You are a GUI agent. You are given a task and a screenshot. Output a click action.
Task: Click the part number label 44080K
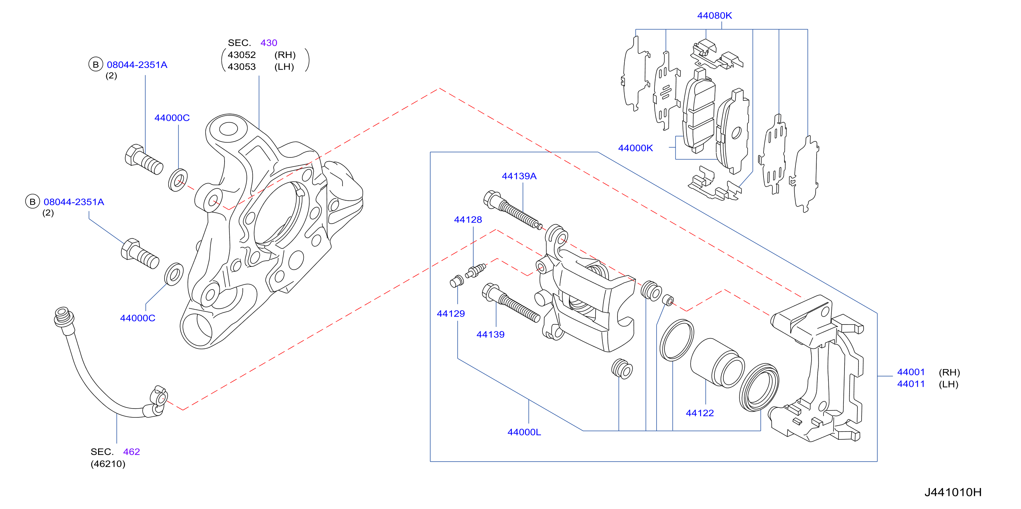pos(714,15)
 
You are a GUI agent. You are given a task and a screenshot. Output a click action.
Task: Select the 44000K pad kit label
pos(635,148)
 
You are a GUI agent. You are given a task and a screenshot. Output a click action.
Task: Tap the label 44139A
pos(519,176)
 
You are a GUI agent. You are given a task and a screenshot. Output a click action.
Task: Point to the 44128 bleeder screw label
pos(468,220)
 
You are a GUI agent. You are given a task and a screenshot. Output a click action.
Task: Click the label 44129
pos(451,313)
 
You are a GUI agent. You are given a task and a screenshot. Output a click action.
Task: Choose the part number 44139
pos(490,334)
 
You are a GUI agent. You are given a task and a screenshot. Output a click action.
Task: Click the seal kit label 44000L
pos(524,432)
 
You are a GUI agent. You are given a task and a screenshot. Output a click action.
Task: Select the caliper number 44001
pos(911,372)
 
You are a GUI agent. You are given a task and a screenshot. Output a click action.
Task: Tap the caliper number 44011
pos(911,384)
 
